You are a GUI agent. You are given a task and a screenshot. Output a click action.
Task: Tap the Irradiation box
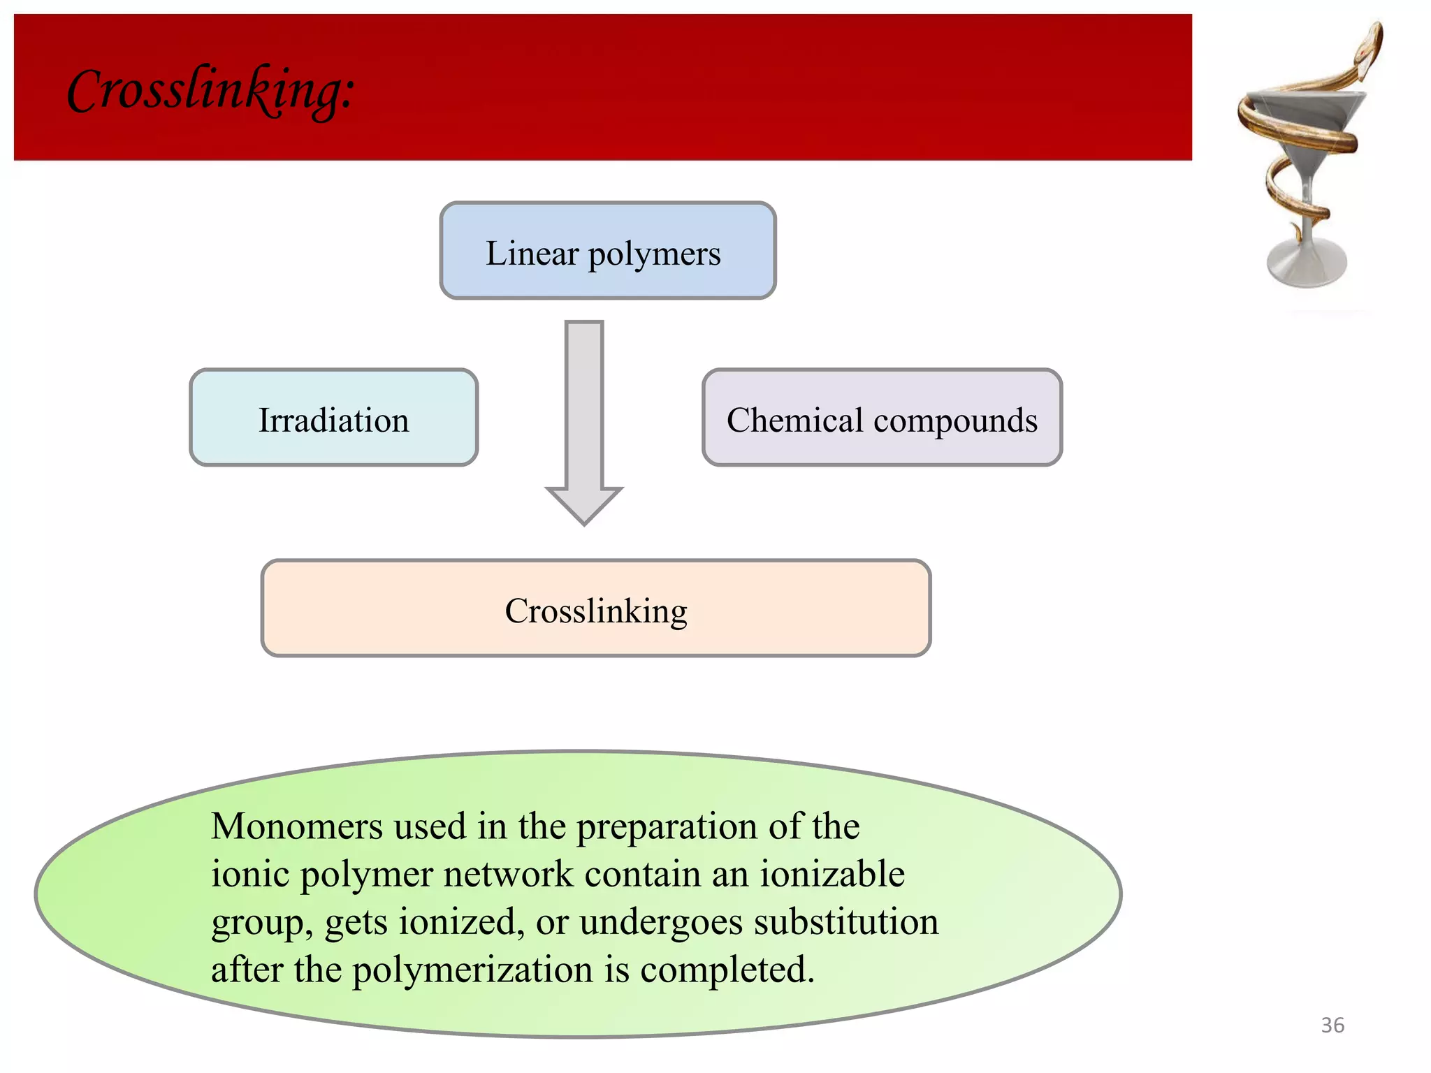(333, 418)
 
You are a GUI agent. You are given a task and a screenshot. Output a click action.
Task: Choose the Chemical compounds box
(881, 418)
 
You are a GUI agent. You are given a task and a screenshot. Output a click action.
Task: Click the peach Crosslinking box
(595, 609)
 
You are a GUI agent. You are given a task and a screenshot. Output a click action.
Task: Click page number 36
(1332, 1025)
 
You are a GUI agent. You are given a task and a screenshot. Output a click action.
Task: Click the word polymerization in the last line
(473, 970)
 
